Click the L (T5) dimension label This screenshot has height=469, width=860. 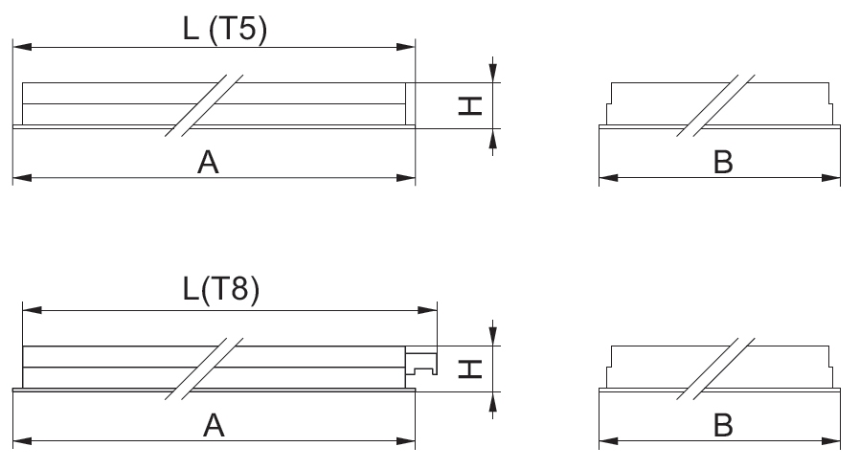click(225, 29)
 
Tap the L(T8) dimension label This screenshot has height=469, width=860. click(221, 289)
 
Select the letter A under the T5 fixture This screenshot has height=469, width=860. click(208, 163)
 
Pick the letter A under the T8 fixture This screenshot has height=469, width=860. click(214, 426)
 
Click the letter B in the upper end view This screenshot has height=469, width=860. click(723, 163)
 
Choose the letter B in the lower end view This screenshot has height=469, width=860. click(723, 426)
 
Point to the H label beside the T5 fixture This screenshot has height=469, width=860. click(470, 105)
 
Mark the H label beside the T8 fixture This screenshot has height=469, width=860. click(470, 369)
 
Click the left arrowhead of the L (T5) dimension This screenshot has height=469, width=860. click(22, 47)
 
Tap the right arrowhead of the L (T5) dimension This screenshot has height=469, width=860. click(405, 47)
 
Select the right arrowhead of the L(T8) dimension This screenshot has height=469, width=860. click(427, 310)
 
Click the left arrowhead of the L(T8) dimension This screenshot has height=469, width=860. click(33, 310)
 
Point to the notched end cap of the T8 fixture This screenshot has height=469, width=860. click(421, 360)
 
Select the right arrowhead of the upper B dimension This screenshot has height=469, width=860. click(830, 177)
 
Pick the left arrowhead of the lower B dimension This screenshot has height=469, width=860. click(609, 440)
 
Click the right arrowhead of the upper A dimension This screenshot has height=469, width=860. click(405, 177)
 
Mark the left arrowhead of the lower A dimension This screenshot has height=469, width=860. click(22, 440)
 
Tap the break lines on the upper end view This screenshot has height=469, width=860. click(715, 105)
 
